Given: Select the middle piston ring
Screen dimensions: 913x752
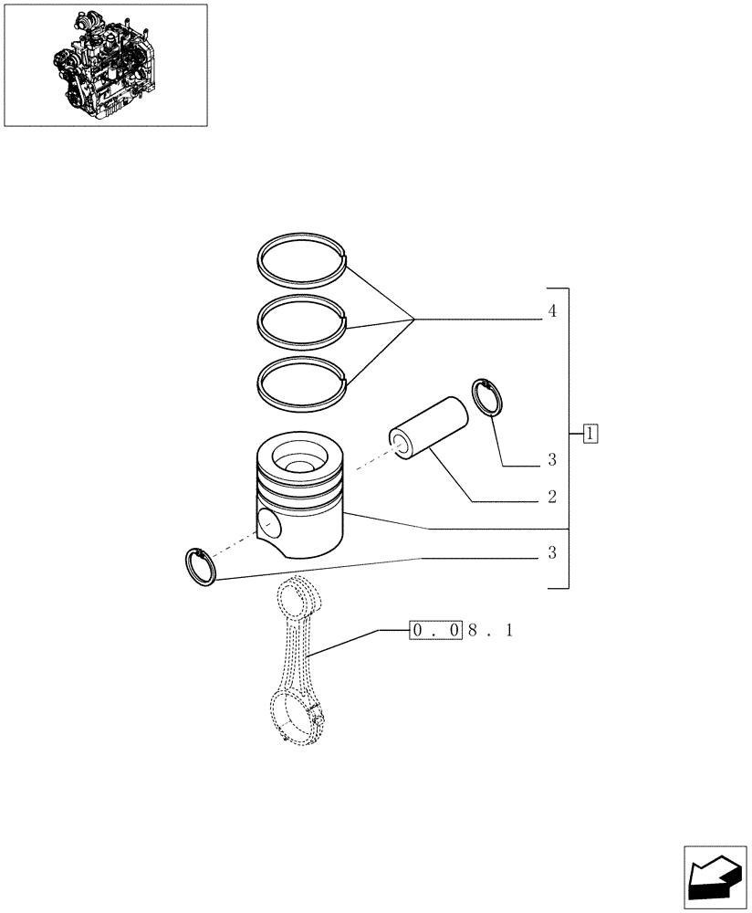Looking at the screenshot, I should point(301,302).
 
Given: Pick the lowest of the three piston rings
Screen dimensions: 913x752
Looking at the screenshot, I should point(301,362).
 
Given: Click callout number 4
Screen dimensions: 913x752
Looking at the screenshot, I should point(552,311).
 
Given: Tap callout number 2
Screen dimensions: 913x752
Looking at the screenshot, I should point(552,498).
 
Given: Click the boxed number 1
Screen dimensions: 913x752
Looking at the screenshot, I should point(590,434).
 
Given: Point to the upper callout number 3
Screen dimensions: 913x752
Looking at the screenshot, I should point(552,459).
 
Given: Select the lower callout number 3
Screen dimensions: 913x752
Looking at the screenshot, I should point(552,553).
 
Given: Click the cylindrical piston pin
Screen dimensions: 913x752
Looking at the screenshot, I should point(429,425).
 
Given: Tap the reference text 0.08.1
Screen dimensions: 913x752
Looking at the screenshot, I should point(462,630).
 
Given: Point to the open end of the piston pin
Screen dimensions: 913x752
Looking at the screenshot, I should point(399,442).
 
